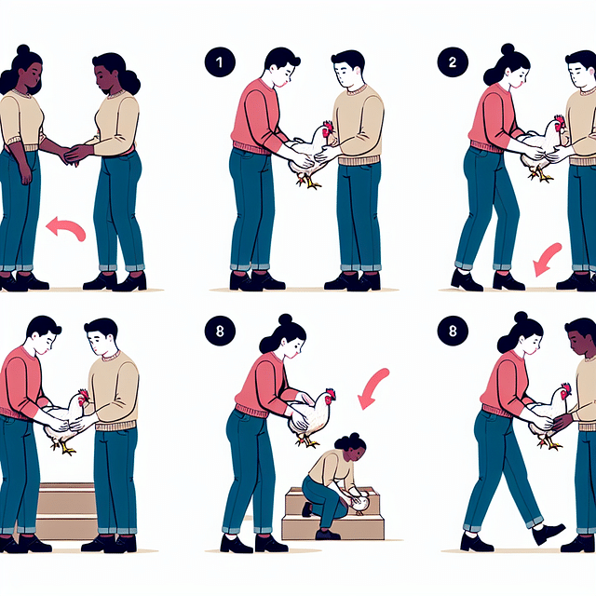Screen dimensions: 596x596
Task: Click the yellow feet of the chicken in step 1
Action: pos(308,183)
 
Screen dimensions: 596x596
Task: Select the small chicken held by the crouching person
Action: pos(361,504)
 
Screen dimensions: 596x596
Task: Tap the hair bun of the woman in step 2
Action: pos(508,49)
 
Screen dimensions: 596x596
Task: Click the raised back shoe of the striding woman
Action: pos(548,533)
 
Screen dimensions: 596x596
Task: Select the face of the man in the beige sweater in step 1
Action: pos(347,73)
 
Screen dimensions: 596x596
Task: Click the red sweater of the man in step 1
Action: pos(256,116)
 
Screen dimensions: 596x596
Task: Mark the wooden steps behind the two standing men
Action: pos(65,508)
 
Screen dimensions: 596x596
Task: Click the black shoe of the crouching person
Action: pos(327,534)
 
